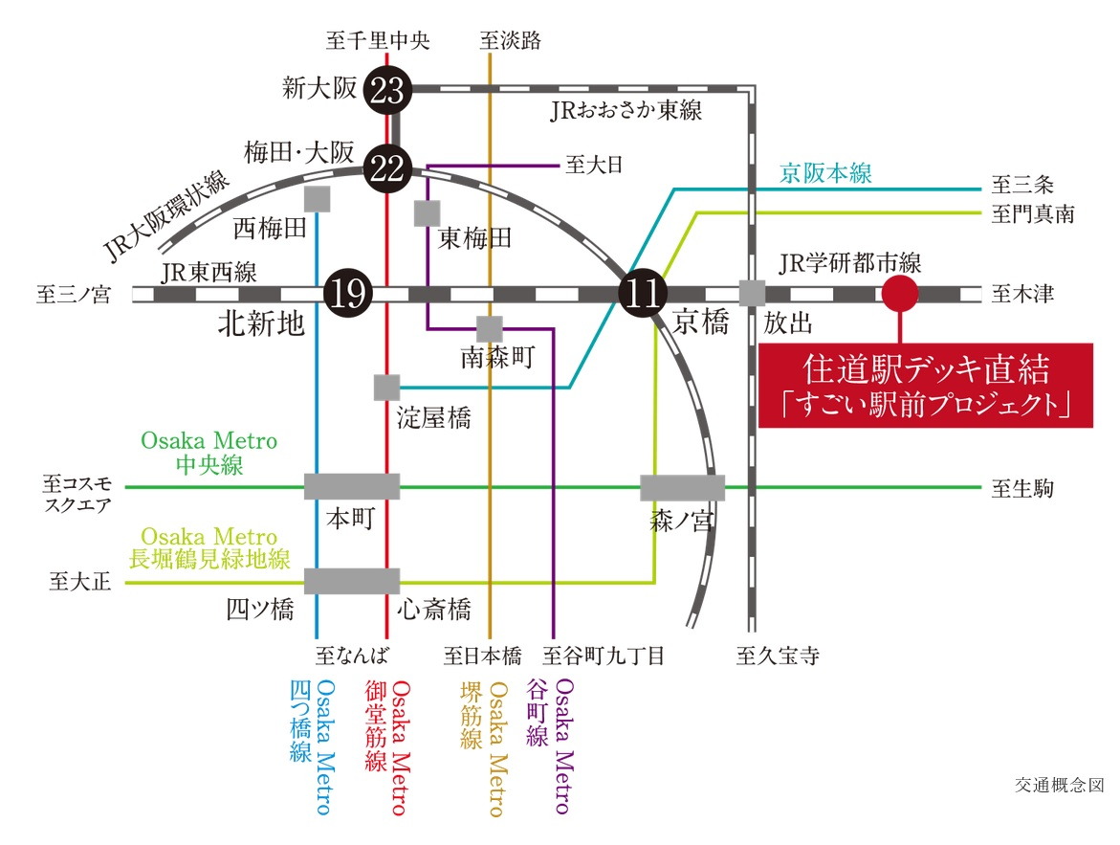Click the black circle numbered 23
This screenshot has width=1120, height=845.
pos(389,92)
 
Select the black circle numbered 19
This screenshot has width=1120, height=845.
pos(347,294)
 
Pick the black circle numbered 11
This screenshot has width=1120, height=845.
pos(643,294)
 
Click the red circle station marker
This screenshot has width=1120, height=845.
pos(899,294)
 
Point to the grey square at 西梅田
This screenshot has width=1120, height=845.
pos(316,199)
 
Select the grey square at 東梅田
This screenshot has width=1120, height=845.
pos(427,212)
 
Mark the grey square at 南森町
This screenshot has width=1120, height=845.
pos(490,328)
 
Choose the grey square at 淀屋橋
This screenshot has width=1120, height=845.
pos(386,388)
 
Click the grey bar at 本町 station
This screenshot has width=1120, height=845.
pos(352,486)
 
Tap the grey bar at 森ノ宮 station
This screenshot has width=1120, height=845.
pos(682,487)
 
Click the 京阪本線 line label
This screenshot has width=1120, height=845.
pos(825,173)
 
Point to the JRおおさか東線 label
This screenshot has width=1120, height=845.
pos(626,111)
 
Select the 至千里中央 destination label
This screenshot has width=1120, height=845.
pos(378,40)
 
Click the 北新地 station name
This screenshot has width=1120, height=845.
pos(261,325)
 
